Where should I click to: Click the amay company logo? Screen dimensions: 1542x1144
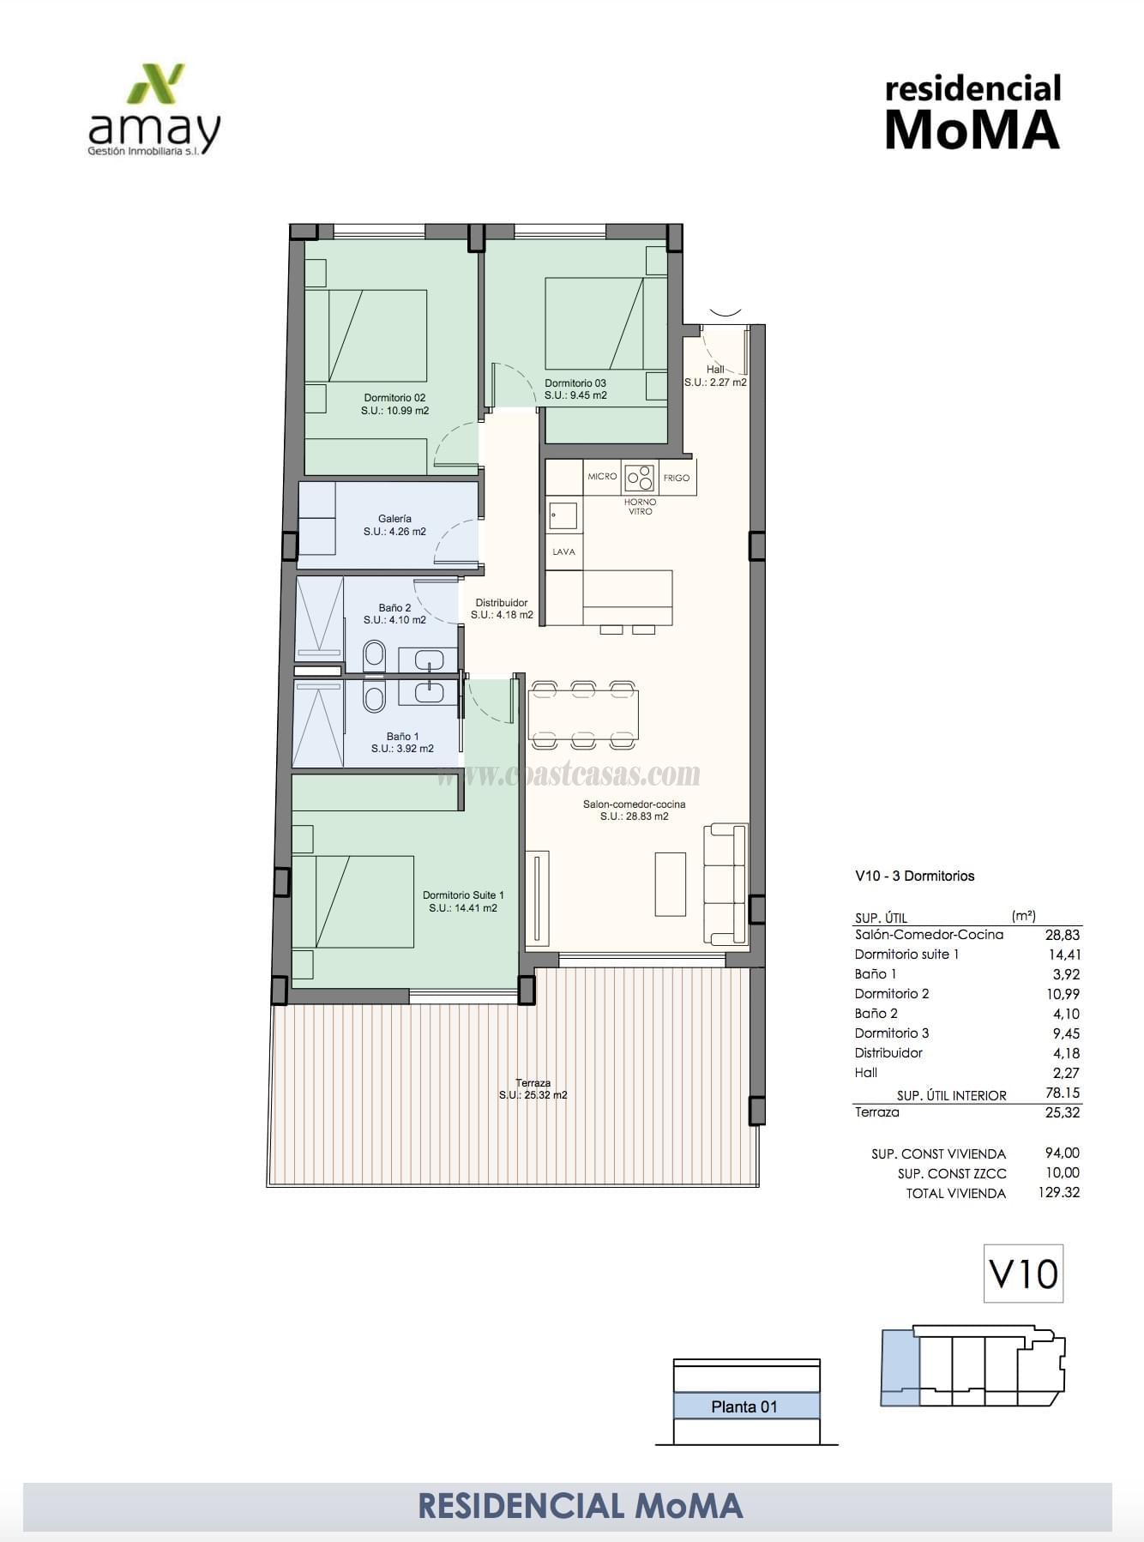click(x=154, y=110)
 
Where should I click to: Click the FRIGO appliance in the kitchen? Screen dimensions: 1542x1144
click(x=677, y=478)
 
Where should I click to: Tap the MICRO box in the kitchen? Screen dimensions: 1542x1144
click(x=602, y=477)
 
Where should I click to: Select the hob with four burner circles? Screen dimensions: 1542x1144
click(x=640, y=477)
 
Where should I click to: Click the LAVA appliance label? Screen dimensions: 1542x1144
click(x=563, y=551)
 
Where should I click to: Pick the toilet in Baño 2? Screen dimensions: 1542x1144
click(x=374, y=657)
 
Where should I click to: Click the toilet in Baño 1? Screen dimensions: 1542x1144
click(x=374, y=697)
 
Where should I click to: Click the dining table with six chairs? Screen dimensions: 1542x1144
click(x=583, y=714)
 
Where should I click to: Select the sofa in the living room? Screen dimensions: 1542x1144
click(x=726, y=883)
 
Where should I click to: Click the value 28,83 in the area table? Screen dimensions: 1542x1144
click(x=1062, y=935)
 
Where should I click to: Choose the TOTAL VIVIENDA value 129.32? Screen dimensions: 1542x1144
click(x=1058, y=1192)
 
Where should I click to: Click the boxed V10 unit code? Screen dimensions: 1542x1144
click(x=1023, y=1274)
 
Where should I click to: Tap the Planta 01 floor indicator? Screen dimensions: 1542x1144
click(x=744, y=1406)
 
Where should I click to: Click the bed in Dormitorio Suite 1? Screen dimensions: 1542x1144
click(x=353, y=901)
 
